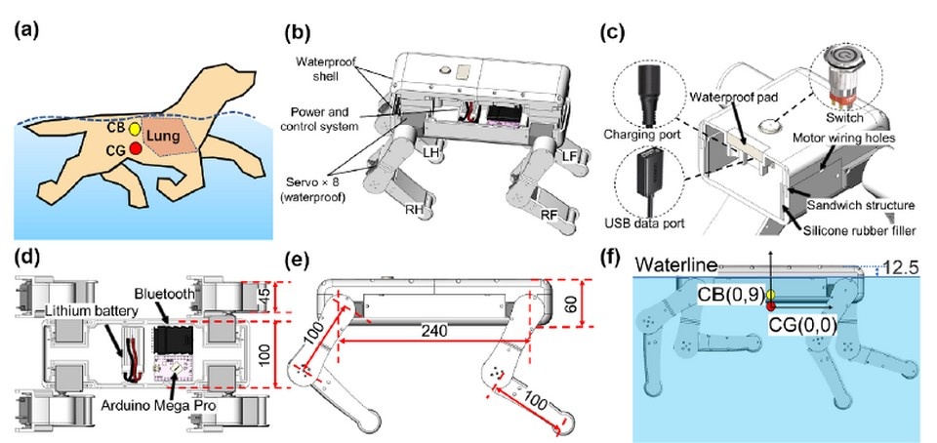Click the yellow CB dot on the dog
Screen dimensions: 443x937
pos(135,129)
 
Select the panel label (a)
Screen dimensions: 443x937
pos(28,28)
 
